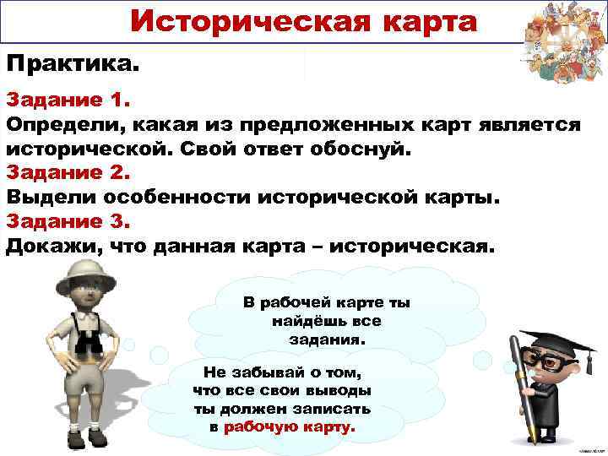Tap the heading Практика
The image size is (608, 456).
coord(72,64)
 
